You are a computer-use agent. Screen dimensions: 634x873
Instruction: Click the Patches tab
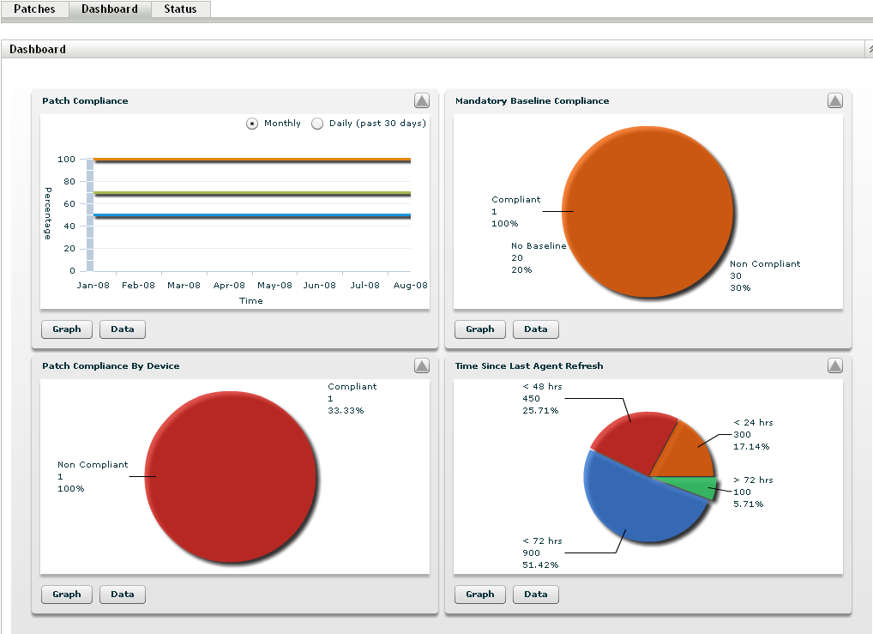[x=34, y=9]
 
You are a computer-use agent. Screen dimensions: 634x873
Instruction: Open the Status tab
[x=180, y=9]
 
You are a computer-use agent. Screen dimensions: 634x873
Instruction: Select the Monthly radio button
[x=252, y=124]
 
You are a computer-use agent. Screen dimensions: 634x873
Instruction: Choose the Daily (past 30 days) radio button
[x=317, y=124]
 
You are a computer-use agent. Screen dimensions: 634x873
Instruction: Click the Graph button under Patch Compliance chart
[x=67, y=329]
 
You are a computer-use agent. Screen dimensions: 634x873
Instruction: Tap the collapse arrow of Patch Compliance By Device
[x=421, y=365]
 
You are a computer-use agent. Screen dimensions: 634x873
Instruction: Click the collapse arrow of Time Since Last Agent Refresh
[x=834, y=365]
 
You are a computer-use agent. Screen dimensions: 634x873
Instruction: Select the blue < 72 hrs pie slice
[x=639, y=502]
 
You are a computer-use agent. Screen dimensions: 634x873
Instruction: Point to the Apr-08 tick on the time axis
[x=229, y=286]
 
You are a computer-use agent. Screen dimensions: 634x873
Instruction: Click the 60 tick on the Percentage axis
[x=67, y=204]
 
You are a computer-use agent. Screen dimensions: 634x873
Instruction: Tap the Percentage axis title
[x=48, y=213]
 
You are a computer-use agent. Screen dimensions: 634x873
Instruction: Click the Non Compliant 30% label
[x=764, y=275]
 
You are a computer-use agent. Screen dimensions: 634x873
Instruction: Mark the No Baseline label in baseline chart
[x=539, y=246]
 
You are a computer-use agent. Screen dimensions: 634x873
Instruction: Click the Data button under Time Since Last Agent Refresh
[x=536, y=595]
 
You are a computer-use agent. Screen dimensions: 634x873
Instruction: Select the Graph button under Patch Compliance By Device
[x=67, y=595]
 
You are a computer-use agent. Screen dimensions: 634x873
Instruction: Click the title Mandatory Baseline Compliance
[x=532, y=101]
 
